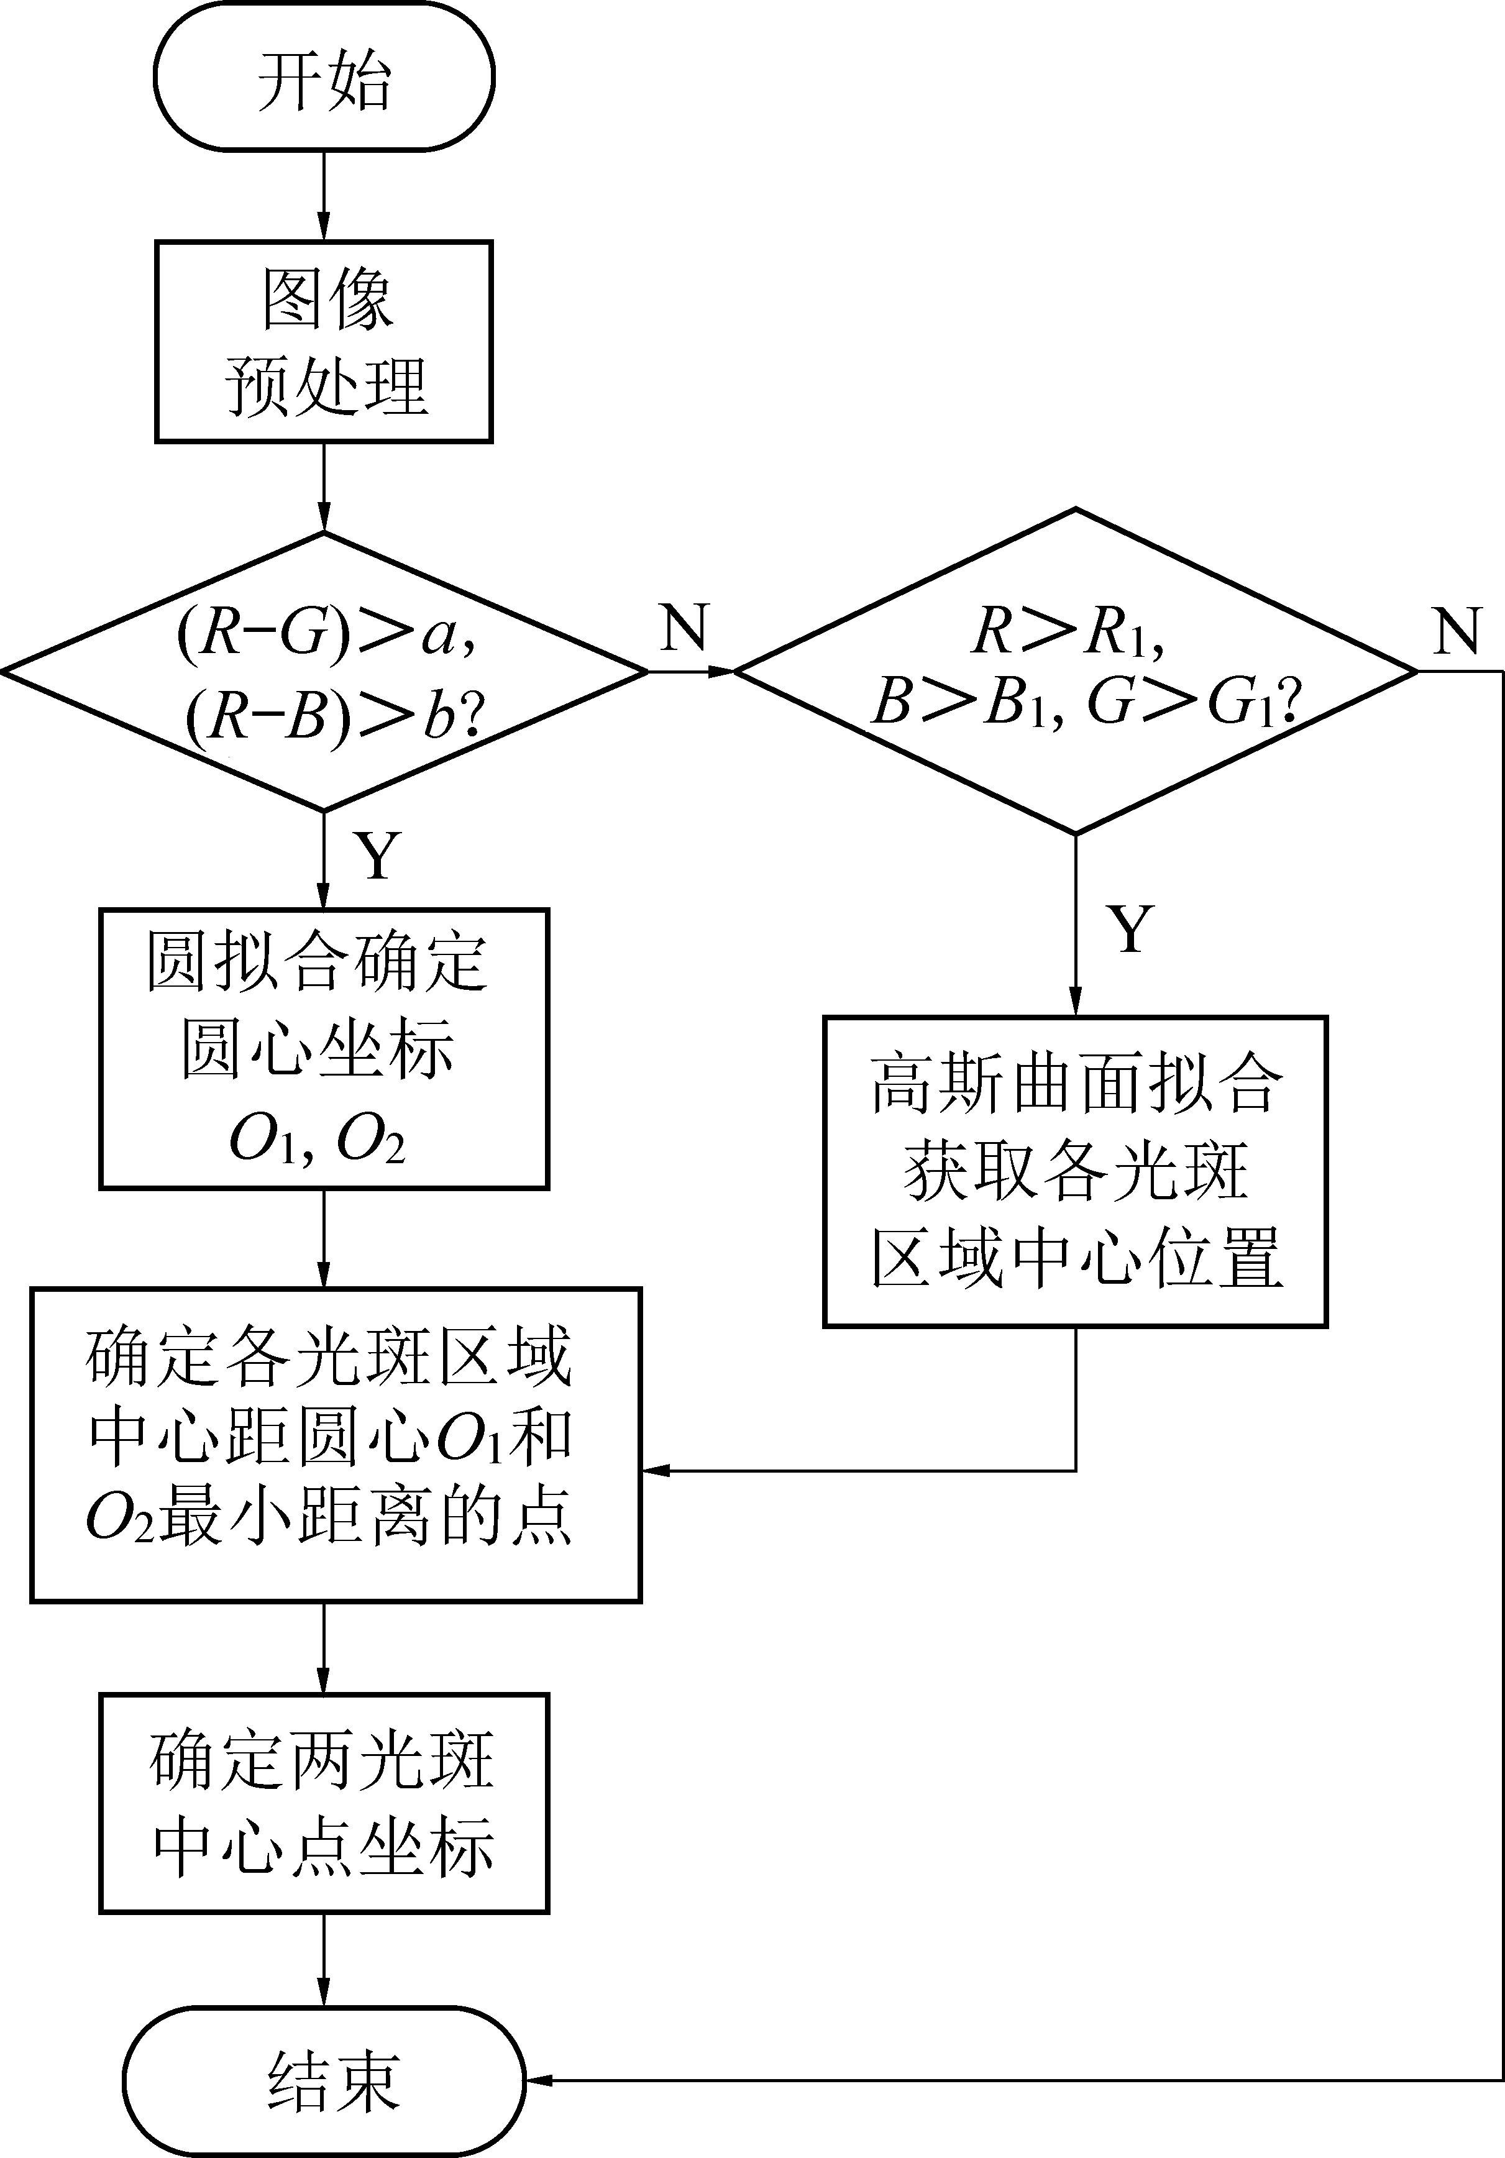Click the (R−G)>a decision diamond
click(324, 671)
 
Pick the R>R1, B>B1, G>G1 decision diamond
click(1076, 671)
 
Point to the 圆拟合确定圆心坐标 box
click(324, 1048)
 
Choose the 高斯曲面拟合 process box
click(1076, 1171)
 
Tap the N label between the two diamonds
click(684, 628)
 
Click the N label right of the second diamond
click(1457, 631)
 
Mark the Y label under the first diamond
click(378, 855)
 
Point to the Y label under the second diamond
click(1131, 928)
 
